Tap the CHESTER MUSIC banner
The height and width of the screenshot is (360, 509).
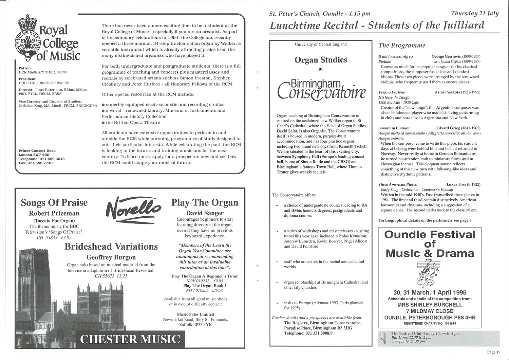pyautogui.click(x=130, y=339)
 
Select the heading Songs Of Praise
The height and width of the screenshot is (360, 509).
pyautogui.click(x=54, y=203)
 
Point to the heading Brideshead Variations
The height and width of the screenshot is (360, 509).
pyautogui.click(x=111, y=246)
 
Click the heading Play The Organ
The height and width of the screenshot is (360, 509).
pyautogui.click(x=205, y=203)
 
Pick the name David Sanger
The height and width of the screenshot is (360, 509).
pyautogui.click(x=205, y=213)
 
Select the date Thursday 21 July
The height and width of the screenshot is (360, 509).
pyautogui.click(x=475, y=14)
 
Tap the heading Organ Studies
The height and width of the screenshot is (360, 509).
pyautogui.click(x=321, y=60)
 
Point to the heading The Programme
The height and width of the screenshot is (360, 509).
pyautogui.click(x=401, y=46)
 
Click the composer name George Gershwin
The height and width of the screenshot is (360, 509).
pyautogui.click(x=447, y=56)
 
